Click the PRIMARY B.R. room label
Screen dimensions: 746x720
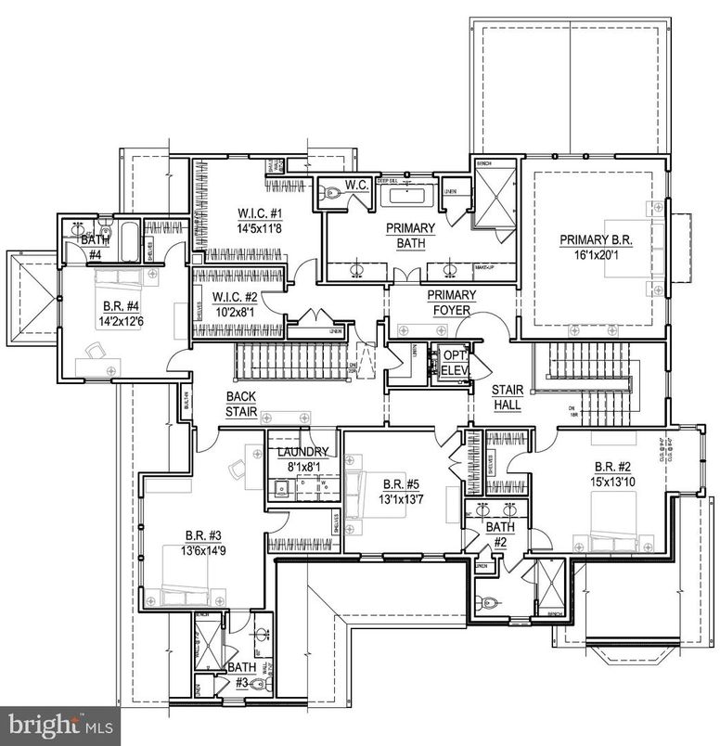coord(595,239)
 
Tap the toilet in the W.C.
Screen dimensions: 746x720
coord(332,195)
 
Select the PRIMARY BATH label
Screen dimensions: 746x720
coord(411,236)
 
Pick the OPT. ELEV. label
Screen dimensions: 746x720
coord(455,362)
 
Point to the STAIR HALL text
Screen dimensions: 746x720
coord(507,398)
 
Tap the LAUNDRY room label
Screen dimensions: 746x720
coord(303,453)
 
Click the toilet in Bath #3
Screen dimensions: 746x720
coord(259,685)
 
